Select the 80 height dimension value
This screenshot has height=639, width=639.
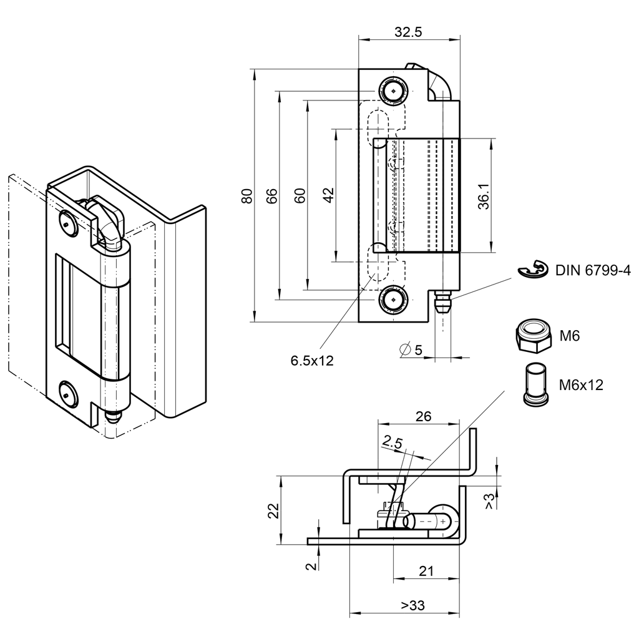pos(247,195)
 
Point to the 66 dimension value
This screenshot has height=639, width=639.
pos(272,195)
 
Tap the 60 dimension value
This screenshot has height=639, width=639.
pos(300,195)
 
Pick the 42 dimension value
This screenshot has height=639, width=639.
pos(329,195)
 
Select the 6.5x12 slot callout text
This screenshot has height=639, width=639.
pos(312,360)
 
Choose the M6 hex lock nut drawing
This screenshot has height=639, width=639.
pos(532,335)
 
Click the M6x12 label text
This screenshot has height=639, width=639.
pos(581,385)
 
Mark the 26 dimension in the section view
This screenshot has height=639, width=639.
pos(423,417)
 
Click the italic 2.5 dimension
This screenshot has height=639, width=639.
pos(393,442)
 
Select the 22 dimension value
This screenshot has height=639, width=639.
pos(272,511)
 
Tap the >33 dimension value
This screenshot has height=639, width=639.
pos(412,605)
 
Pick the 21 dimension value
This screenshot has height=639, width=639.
pos(426,571)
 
